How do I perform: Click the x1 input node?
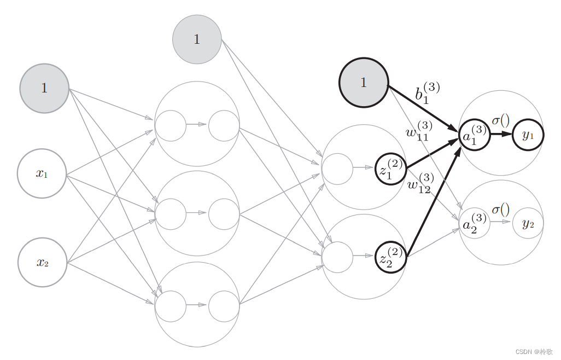click(42, 173)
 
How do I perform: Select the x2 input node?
click(42, 263)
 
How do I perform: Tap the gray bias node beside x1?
click(44, 88)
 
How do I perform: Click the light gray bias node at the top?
click(197, 39)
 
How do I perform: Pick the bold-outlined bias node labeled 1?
click(364, 83)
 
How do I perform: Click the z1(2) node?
click(391, 169)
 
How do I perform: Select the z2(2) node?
click(391, 257)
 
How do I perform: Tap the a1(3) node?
click(474, 134)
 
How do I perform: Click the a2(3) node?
click(474, 223)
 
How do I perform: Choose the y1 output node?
click(528, 134)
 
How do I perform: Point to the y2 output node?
click(528, 223)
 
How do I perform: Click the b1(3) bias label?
click(427, 93)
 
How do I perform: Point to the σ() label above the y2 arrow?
click(500, 209)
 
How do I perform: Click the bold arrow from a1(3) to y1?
click(500, 134)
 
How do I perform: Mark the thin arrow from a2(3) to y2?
click(500, 222)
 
